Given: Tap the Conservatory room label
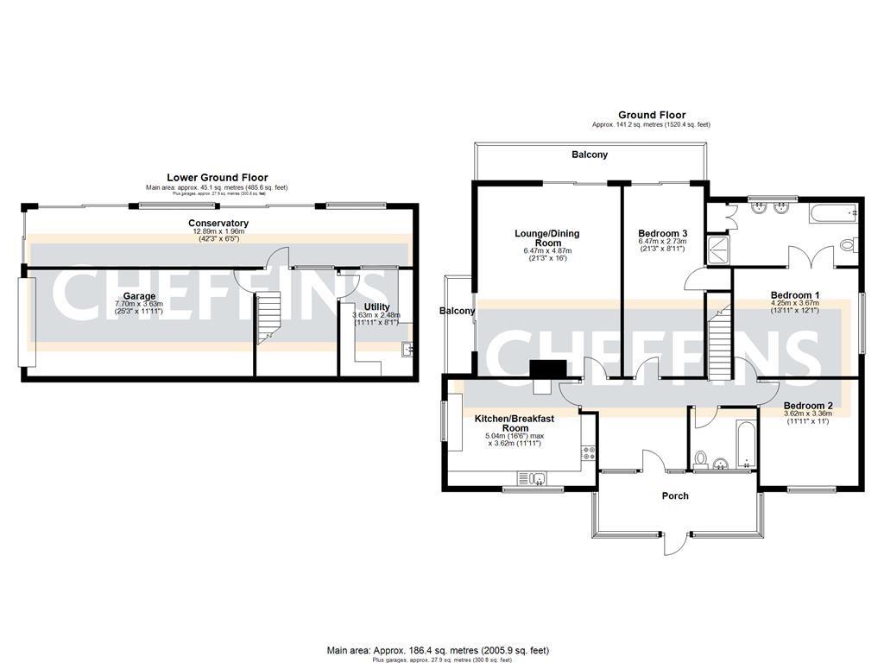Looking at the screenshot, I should click(218, 224).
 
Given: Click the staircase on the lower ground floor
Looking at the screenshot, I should click(270, 316).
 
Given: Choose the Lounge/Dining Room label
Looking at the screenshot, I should click(546, 238).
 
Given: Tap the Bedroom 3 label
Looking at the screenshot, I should click(662, 233).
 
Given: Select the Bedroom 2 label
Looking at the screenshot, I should click(807, 405).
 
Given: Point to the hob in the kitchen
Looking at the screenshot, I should click(588, 451).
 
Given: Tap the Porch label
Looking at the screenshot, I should click(674, 496).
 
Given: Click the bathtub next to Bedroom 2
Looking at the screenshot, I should click(742, 441).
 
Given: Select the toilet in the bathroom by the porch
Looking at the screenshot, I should click(702, 458).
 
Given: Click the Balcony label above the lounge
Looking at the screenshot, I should click(590, 155).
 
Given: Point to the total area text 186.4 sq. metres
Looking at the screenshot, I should click(438, 650).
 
